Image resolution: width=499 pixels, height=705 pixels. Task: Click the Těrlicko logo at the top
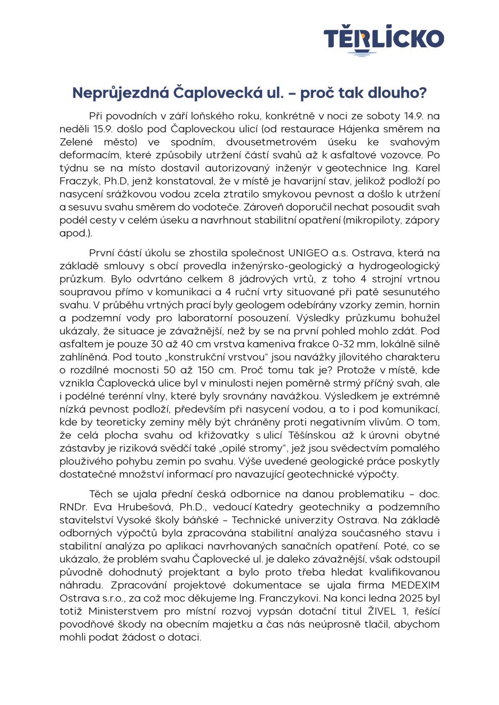[x=383, y=40]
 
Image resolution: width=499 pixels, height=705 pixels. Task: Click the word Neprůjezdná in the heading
[x=120, y=93]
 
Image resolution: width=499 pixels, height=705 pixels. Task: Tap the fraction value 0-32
[x=368, y=344]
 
